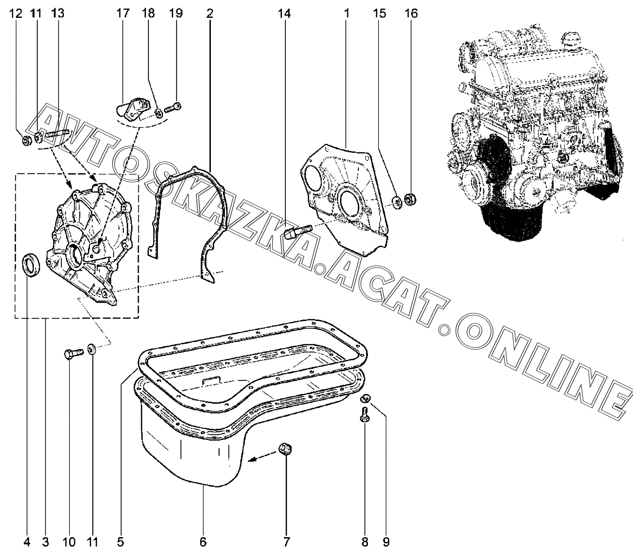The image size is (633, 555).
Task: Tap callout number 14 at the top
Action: [284, 13]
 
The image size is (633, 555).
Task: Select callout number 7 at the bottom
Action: [286, 542]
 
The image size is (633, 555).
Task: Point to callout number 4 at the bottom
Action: [27, 542]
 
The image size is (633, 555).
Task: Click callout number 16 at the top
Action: [411, 13]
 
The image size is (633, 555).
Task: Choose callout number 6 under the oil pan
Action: [203, 542]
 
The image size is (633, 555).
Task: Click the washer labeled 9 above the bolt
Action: [366, 398]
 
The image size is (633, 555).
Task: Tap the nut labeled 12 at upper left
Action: [28, 141]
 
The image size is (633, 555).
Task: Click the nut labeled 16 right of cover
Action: [410, 198]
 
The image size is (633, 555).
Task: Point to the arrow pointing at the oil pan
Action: [261, 458]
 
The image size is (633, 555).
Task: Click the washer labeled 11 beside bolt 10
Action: [92, 348]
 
